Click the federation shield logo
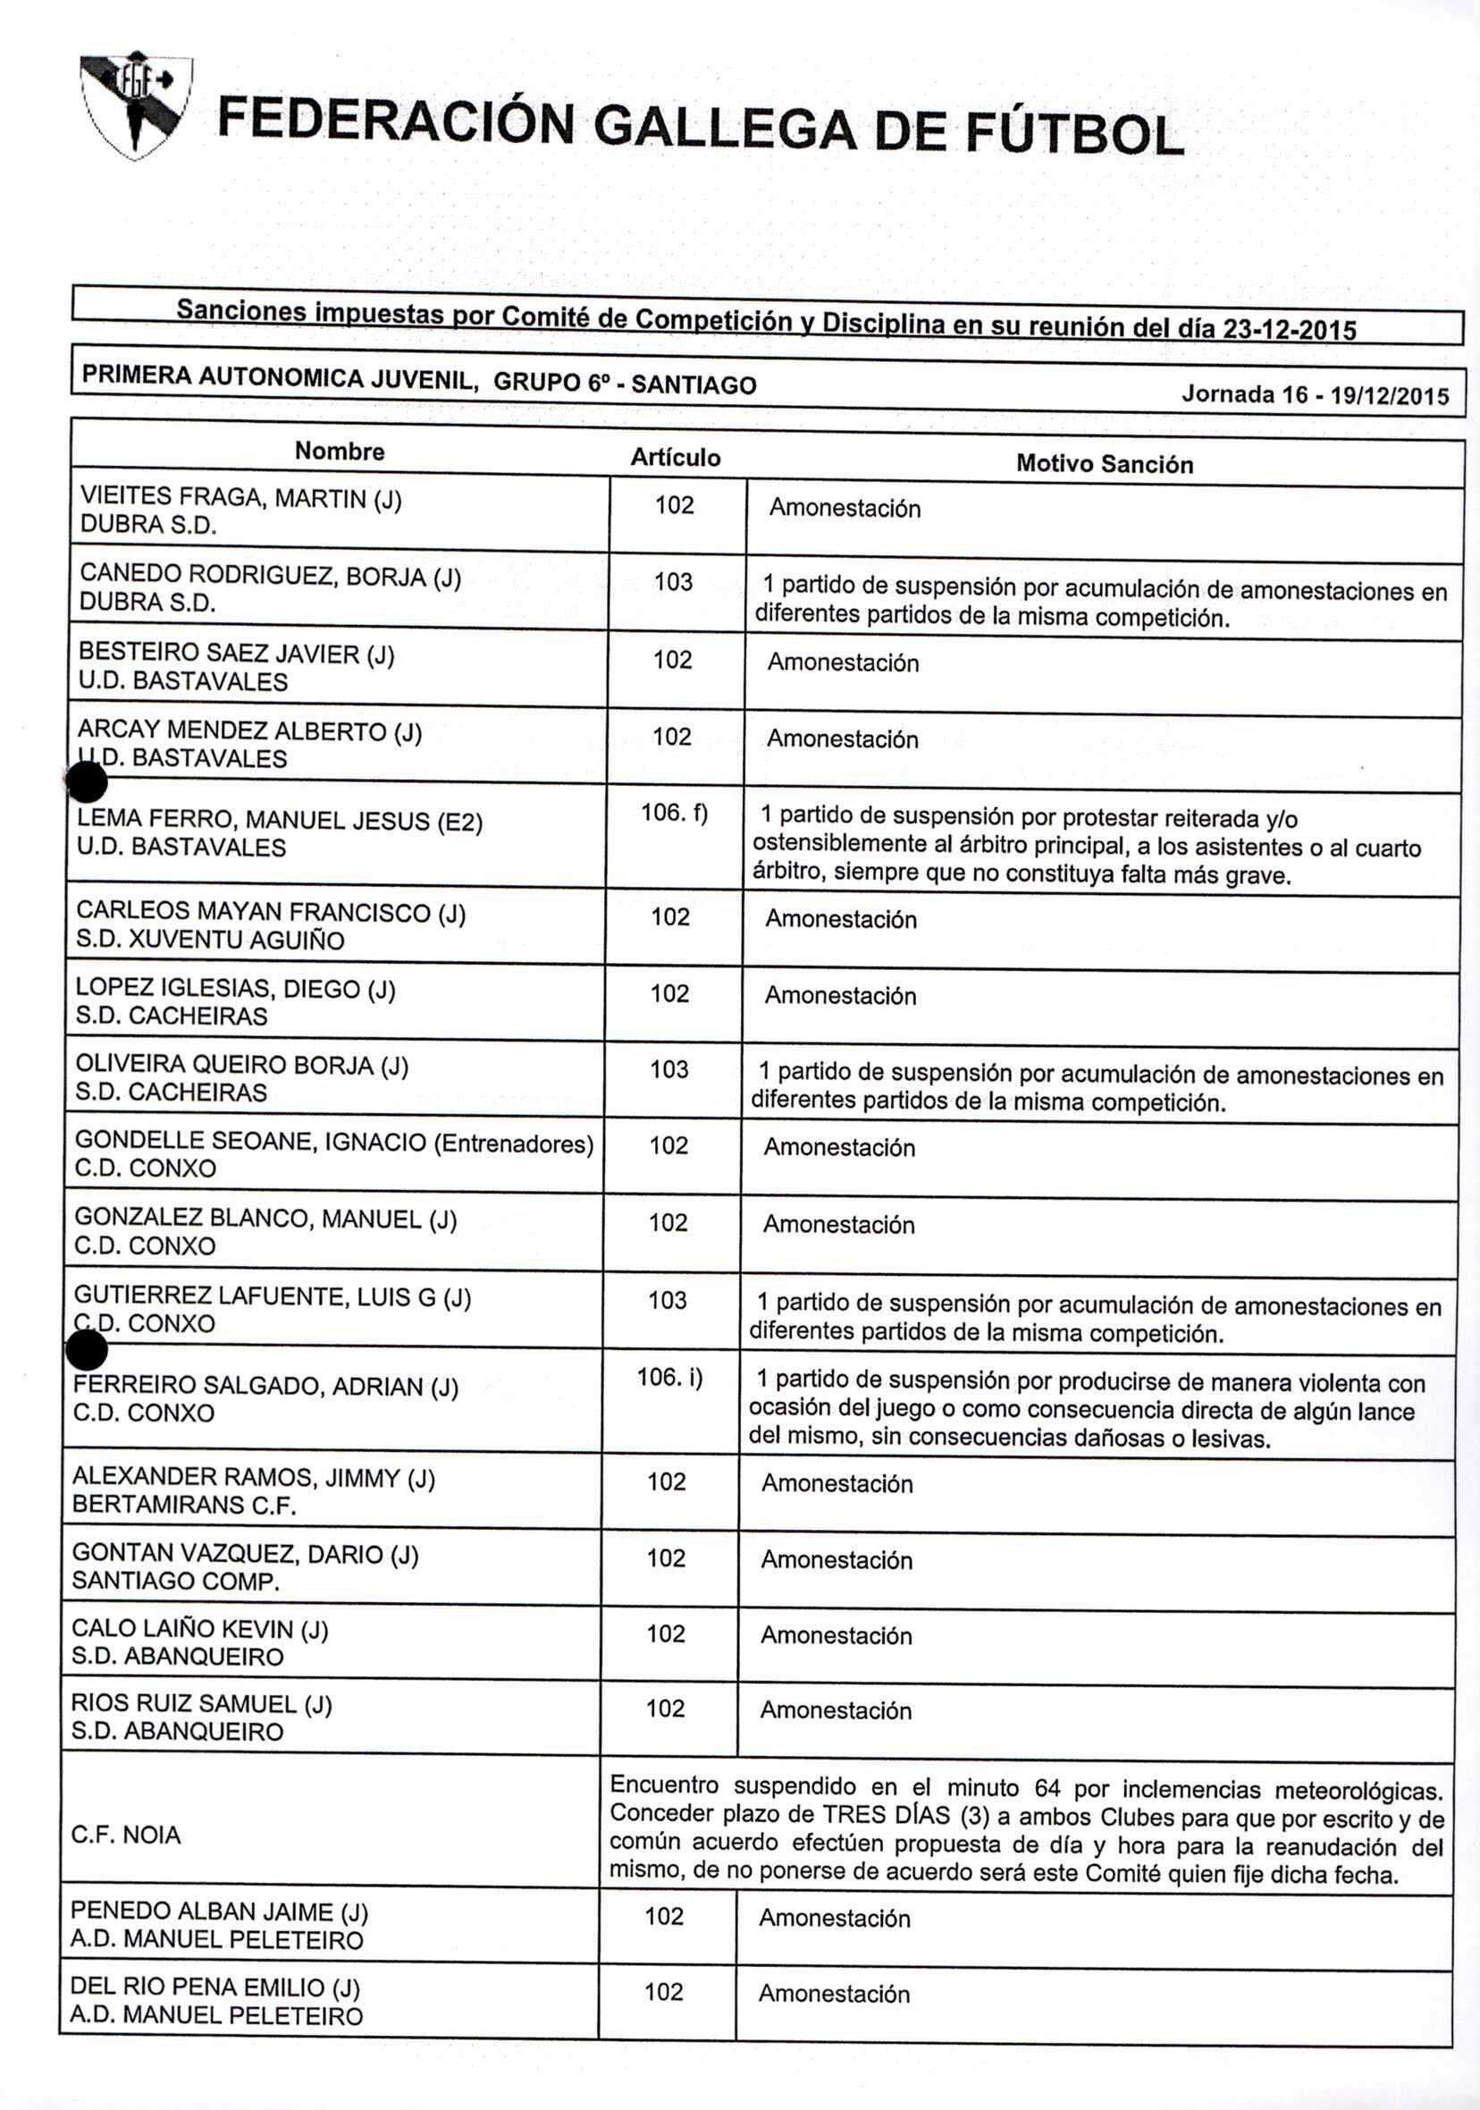click(x=136, y=105)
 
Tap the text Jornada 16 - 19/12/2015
click(x=1315, y=395)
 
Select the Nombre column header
click(x=339, y=452)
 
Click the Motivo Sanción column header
click(x=1105, y=464)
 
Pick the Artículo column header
click(x=676, y=458)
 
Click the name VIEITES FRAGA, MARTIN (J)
click(x=240, y=497)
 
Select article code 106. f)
click(x=675, y=814)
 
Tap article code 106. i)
click(x=669, y=1378)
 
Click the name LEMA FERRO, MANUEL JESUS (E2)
click(x=279, y=820)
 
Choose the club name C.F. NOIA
click(x=126, y=1835)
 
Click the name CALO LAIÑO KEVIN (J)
click(x=199, y=1628)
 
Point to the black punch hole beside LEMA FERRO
click(x=88, y=783)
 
